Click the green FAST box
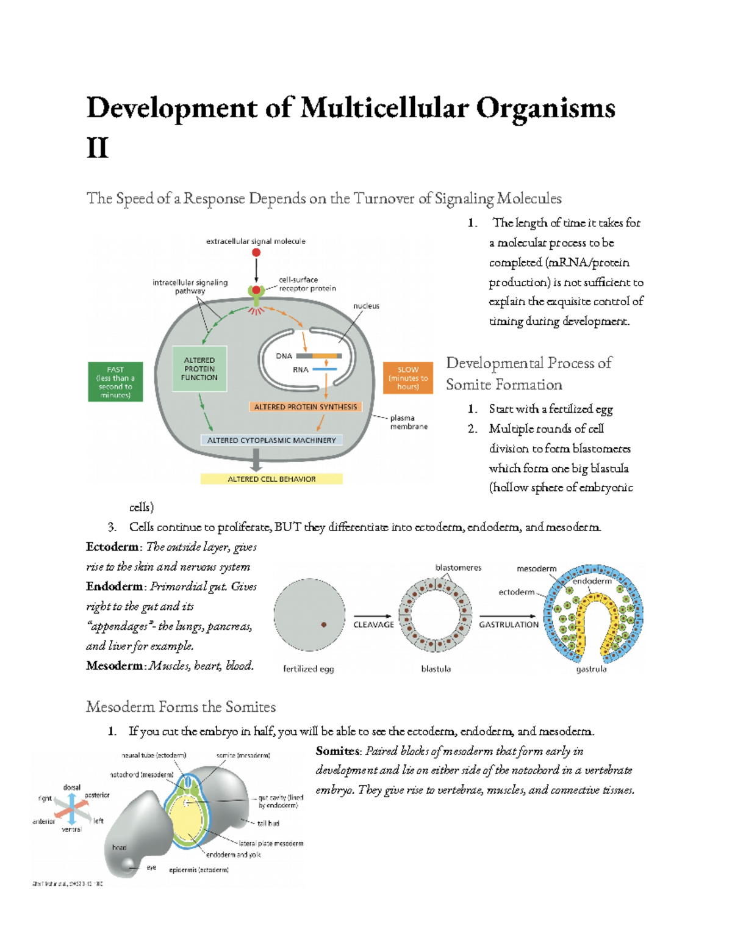pyautogui.click(x=115, y=382)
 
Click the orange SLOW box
pyautogui.click(x=407, y=378)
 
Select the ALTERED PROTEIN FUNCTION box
pyautogui.click(x=199, y=369)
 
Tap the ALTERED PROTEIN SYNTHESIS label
pyautogui.click(x=305, y=407)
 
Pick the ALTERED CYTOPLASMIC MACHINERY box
pyautogui.click(x=271, y=440)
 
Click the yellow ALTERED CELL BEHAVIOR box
pyautogui.click(x=271, y=479)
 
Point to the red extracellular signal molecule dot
pyautogui.click(x=256, y=252)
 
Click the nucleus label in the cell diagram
pyautogui.click(x=366, y=306)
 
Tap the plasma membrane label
pyautogui.click(x=408, y=422)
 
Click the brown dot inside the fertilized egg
pyautogui.click(x=324, y=624)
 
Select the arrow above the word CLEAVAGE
pyautogui.click(x=373, y=615)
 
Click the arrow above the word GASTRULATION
pyautogui.click(x=508, y=615)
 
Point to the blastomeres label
pyautogui.click(x=458, y=568)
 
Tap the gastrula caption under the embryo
pyautogui.click(x=591, y=669)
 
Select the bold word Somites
pyautogui.click(x=338, y=751)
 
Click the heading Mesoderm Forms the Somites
pyautogui.click(x=181, y=707)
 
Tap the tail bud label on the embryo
pyautogui.click(x=268, y=823)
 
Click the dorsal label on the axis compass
pyautogui.click(x=71, y=787)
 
